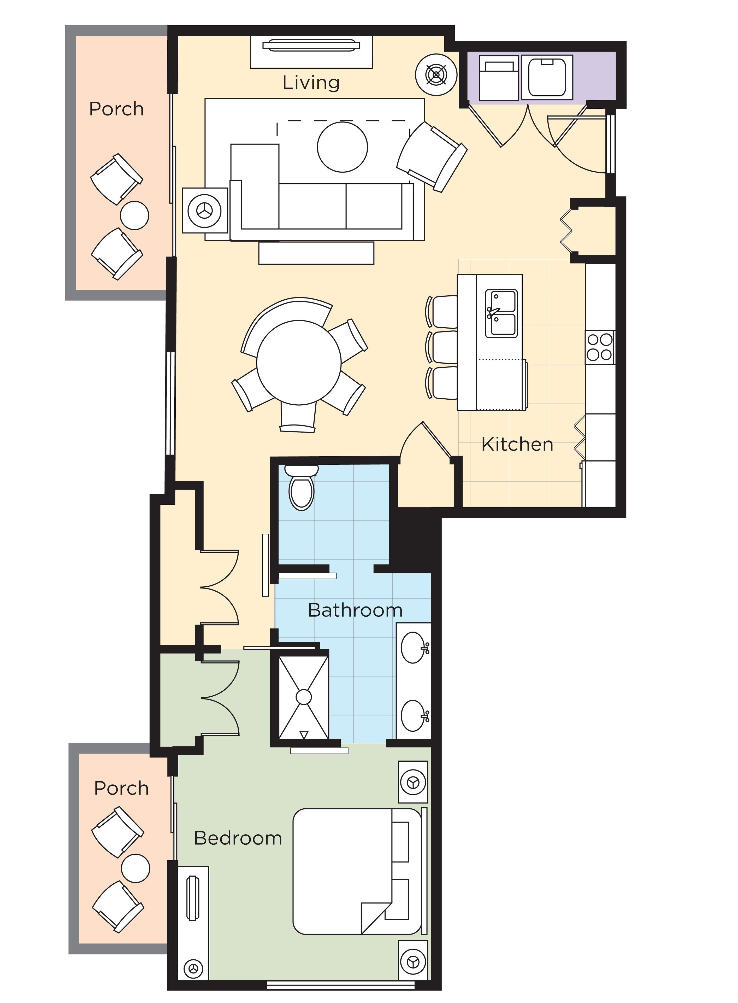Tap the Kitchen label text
pyautogui.click(x=517, y=444)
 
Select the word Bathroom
pyautogui.click(x=355, y=610)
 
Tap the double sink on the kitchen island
pyautogui.click(x=501, y=313)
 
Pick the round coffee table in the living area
pyautogui.click(x=342, y=147)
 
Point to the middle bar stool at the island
pyautogui.click(x=442, y=346)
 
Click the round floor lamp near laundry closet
pyautogui.click(x=436, y=75)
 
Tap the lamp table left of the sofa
pyautogui.click(x=205, y=210)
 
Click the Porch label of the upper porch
pyautogui.click(x=116, y=109)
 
